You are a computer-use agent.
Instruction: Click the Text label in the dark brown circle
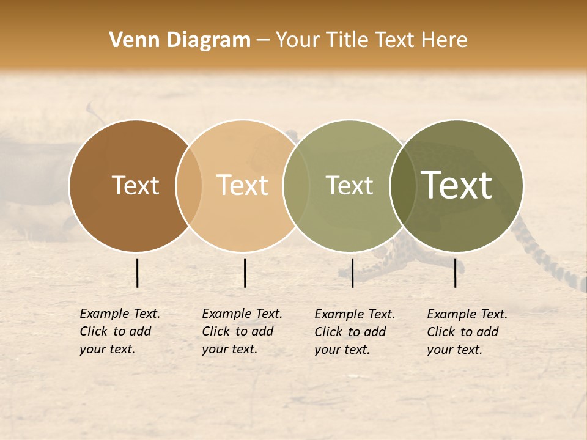click(135, 186)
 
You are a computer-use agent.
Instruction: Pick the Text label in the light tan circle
click(243, 185)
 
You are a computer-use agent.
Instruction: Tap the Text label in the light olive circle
click(349, 185)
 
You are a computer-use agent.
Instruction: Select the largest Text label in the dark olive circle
click(457, 185)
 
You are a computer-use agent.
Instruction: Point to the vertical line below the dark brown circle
click(138, 273)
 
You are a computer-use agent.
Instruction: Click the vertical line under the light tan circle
click(245, 273)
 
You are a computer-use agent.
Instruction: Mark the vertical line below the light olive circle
click(352, 273)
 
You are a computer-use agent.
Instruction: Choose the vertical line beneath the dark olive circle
click(455, 273)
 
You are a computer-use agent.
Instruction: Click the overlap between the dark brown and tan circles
click(189, 186)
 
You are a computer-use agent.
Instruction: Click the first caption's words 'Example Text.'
click(120, 313)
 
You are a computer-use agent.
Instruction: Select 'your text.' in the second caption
click(229, 349)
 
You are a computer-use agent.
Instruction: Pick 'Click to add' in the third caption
click(350, 332)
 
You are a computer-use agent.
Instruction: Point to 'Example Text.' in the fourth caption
click(467, 314)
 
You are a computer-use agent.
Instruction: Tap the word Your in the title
click(298, 40)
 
